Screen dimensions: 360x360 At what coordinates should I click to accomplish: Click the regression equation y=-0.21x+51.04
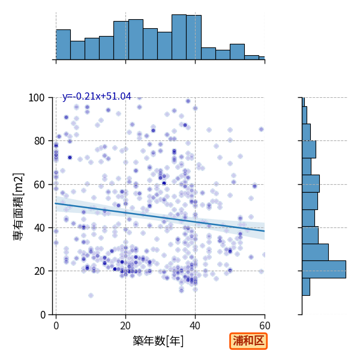[x=97, y=97]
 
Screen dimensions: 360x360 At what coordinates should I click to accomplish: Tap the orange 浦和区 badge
[x=248, y=341]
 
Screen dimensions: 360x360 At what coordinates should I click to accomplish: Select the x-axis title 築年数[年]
[x=158, y=341]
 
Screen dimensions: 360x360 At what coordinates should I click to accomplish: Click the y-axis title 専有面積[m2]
[x=19, y=206]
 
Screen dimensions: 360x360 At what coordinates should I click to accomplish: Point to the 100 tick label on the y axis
[x=36, y=98]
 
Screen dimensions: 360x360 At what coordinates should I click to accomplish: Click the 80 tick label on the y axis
[x=39, y=141]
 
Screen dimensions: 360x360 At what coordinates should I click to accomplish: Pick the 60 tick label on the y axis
[x=39, y=184]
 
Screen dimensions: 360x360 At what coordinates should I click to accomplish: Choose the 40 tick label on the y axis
[x=39, y=228]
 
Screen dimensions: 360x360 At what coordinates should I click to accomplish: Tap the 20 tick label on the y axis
[x=39, y=271]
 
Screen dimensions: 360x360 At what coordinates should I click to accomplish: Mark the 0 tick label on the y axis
[x=43, y=314]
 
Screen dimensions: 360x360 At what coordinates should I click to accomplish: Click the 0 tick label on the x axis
[x=56, y=326]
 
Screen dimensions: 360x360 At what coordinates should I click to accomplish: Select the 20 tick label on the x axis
[x=125, y=326]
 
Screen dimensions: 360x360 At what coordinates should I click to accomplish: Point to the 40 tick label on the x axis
[x=195, y=326]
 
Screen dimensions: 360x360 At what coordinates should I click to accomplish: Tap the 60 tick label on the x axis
[x=265, y=326]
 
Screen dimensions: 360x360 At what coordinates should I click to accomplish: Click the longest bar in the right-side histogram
[x=324, y=269]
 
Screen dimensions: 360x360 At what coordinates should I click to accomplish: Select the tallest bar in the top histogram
[x=179, y=37]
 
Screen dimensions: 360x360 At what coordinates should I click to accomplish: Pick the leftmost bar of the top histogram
[x=64, y=44]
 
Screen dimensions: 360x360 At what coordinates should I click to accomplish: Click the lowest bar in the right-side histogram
[x=306, y=287]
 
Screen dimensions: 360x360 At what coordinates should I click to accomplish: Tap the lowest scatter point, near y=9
[x=91, y=295]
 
